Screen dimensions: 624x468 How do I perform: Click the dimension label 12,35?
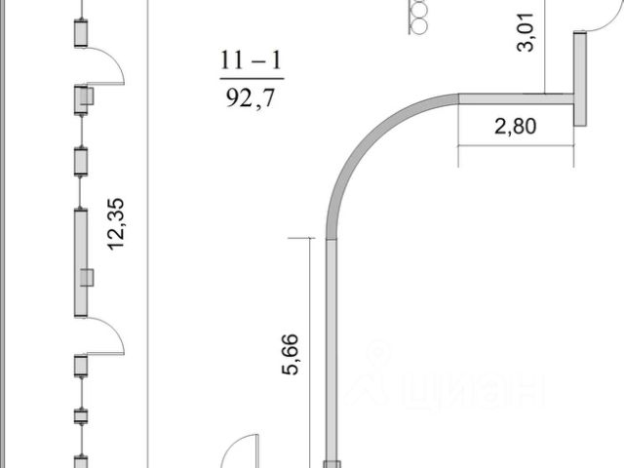tap(116, 224)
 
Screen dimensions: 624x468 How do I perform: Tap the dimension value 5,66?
tap(290, 354)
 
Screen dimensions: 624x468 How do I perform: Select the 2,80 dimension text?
tap(516, 126)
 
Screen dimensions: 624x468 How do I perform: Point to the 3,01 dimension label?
tap(526, 32)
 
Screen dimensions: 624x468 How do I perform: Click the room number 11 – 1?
tap(252, 60)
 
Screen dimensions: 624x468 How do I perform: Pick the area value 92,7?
tap(251, 97)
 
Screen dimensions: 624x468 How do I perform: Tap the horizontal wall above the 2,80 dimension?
tap(516, 98)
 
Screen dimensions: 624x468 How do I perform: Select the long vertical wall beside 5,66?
tap(331, 350)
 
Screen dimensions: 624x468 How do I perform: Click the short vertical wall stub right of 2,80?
tap(580, 79)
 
